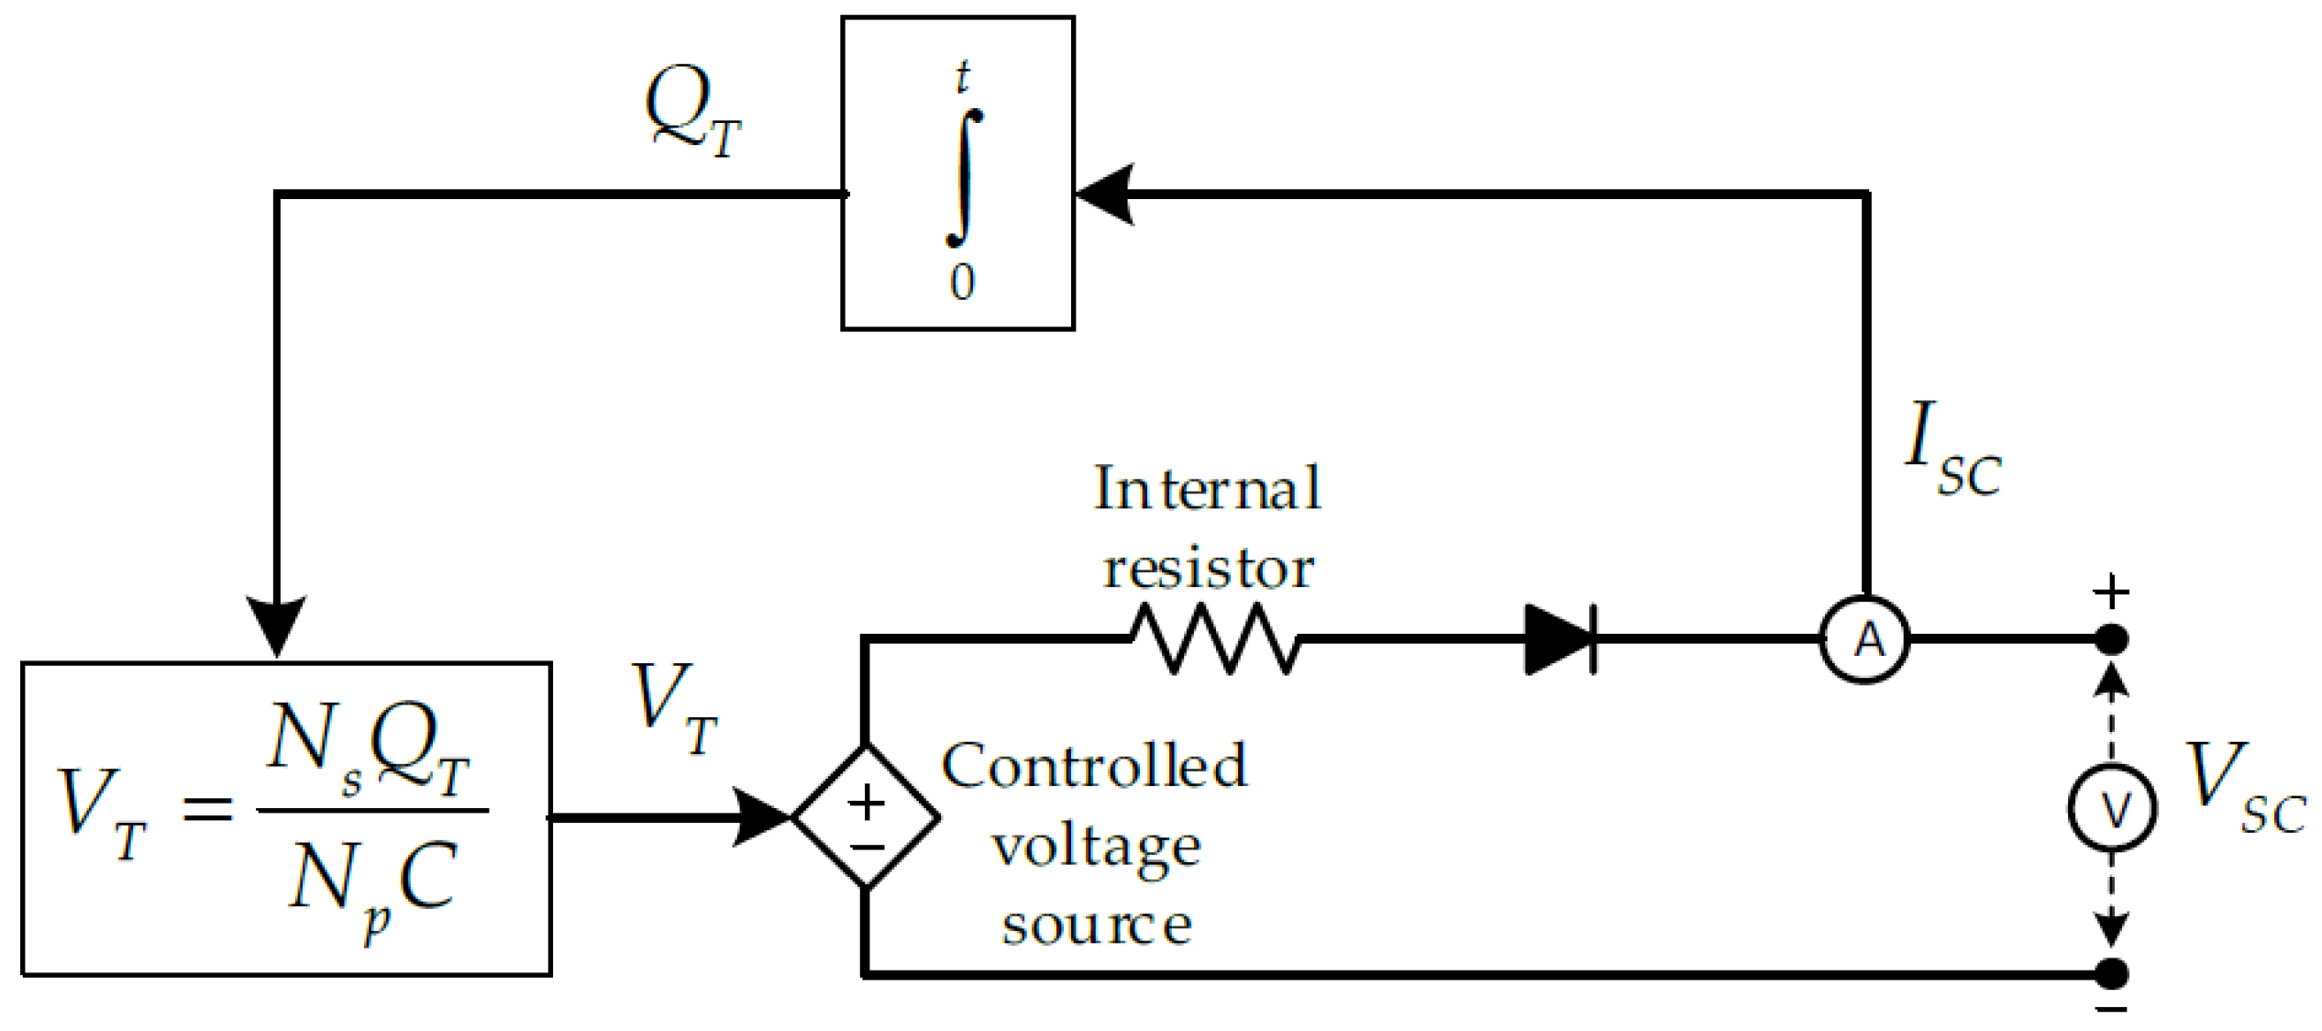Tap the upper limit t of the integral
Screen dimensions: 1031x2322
(x=962, y=78)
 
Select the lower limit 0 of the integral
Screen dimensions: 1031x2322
(x=962, y=282)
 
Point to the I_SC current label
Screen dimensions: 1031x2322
(x=1951, y=449)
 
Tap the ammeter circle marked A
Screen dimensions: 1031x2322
(x=1864, y=639)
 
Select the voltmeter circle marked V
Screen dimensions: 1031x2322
(x=2112, y=808)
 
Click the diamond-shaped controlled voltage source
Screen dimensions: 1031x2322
(x=866, y=816)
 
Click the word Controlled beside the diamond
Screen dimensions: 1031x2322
(x=1094, y=766)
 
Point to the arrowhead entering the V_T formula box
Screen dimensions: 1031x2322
(x=277, y=626)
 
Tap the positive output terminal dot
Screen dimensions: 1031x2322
(x=2112, y=639)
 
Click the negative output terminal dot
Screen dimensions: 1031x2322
(x=2112, y=974)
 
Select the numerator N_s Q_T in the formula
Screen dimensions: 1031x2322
(x=370, y=748)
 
